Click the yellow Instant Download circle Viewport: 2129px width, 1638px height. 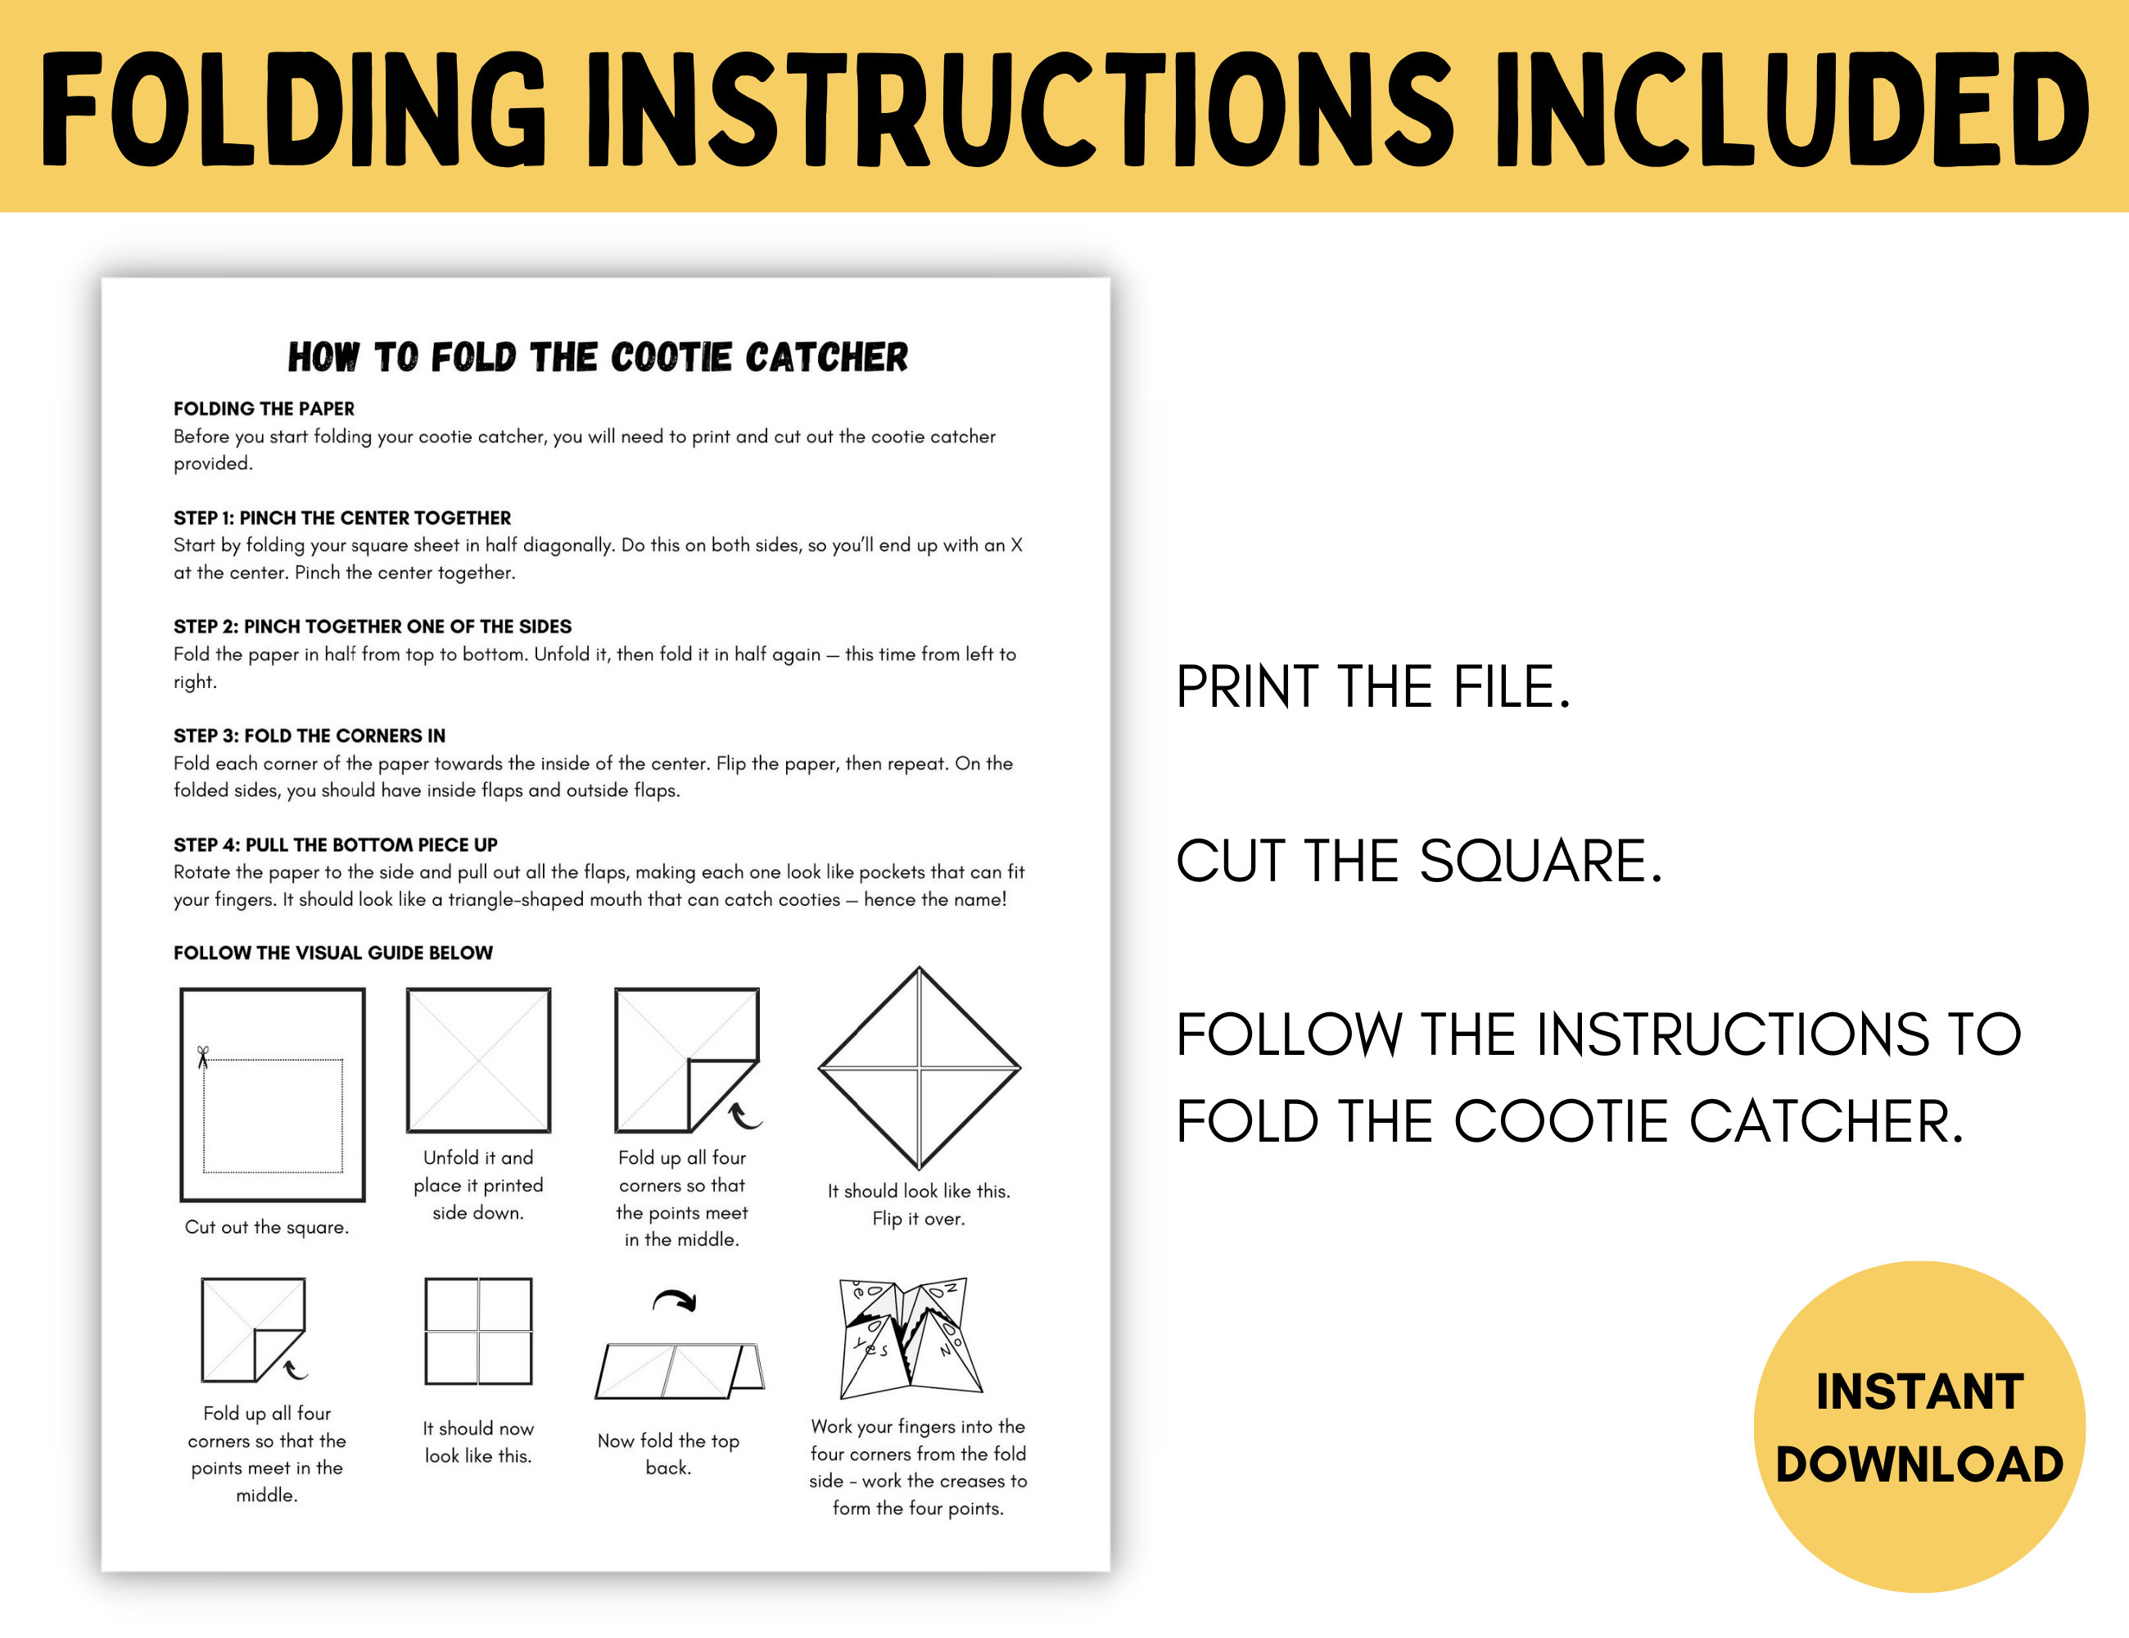1919,1427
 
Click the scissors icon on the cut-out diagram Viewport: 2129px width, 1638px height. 203,1057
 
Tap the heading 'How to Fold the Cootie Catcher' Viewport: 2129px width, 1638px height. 598,358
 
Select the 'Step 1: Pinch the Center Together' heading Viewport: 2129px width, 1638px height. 342,518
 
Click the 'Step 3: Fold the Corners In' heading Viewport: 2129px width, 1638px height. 309,735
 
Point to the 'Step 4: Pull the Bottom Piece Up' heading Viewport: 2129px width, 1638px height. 336,844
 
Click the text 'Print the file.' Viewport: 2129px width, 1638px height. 1372,687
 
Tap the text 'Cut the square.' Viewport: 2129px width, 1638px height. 1418,861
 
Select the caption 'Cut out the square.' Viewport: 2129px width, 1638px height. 266,1227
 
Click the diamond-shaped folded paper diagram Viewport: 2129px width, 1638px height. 918,1069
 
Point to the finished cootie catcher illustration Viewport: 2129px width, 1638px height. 910,1336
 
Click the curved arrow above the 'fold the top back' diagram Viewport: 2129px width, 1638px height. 675,1300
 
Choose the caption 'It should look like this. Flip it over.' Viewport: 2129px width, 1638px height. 918,1204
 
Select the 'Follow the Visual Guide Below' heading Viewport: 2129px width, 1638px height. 333,952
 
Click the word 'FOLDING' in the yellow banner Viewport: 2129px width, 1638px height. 292,109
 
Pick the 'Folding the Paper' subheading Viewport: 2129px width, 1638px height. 264,409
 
